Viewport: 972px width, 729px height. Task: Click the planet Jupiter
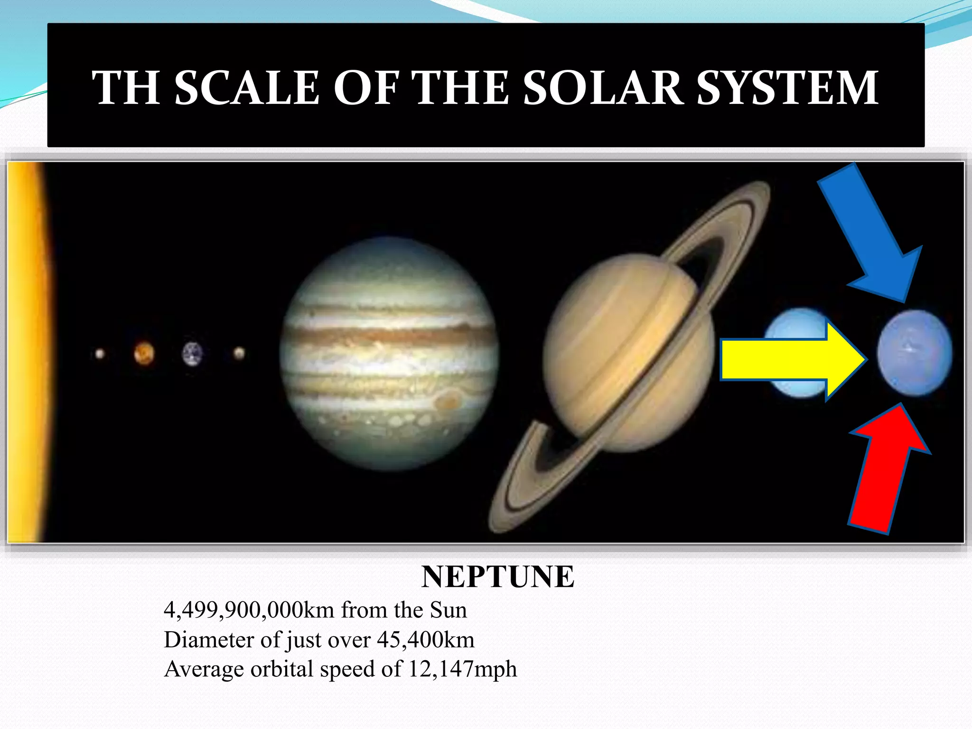point(389,354)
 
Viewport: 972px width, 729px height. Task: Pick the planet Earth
point(192,354)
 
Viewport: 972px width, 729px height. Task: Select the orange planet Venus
point(144,353)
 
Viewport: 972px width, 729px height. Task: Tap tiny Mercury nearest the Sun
point(100,354)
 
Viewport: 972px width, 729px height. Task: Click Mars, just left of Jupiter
point(239,353)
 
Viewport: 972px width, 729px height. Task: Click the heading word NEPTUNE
point(497,577)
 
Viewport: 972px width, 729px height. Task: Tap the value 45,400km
point(426,640)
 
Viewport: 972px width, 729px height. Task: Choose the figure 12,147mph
point(462,669)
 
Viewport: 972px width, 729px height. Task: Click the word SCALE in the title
point(247,88)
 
